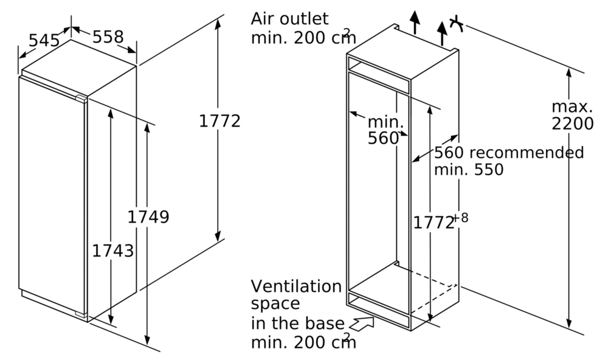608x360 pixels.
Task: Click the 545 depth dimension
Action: [44, 41]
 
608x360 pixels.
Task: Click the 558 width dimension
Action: [108, 38]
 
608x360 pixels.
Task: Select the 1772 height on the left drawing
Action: [219, 121]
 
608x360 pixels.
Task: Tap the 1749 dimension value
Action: [148, 216]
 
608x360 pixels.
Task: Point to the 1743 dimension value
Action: [112, 250]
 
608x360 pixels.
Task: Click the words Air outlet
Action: [289, 19]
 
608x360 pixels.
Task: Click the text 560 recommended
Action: [508, 153]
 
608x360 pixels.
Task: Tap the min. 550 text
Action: [469, 170]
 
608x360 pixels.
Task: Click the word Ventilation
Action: [296, 286]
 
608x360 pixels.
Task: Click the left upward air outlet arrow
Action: [414, 22]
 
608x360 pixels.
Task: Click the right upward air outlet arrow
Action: [442, 32]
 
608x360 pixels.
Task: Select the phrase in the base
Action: [297, 324]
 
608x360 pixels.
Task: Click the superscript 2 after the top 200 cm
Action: [347, 31]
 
